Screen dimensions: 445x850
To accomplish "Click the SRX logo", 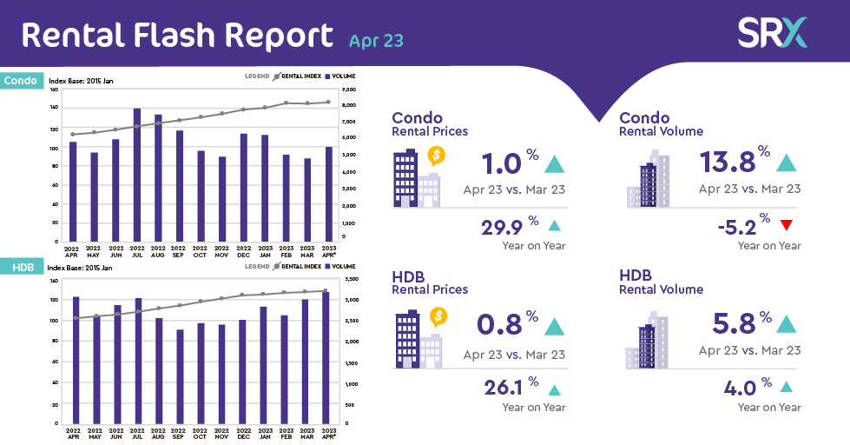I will [772, 32].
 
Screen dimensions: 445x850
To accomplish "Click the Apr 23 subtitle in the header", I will [376, 40].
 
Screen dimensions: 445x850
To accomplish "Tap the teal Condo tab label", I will [21, 81].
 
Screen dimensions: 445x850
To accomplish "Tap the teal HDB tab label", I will [19, 268].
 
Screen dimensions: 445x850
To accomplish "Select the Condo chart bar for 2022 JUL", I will [137, 175].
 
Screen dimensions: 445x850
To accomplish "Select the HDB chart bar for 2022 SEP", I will [180, 376].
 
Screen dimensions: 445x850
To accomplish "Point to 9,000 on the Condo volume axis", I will [349, 90].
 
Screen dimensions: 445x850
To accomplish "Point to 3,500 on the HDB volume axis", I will [351, 279].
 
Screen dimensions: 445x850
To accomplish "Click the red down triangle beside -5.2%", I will [787, 226].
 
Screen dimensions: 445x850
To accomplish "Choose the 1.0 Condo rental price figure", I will [499, 163].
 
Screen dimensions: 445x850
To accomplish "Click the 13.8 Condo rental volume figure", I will [727, 163].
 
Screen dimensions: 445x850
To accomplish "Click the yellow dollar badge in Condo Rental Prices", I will [437, 156].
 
